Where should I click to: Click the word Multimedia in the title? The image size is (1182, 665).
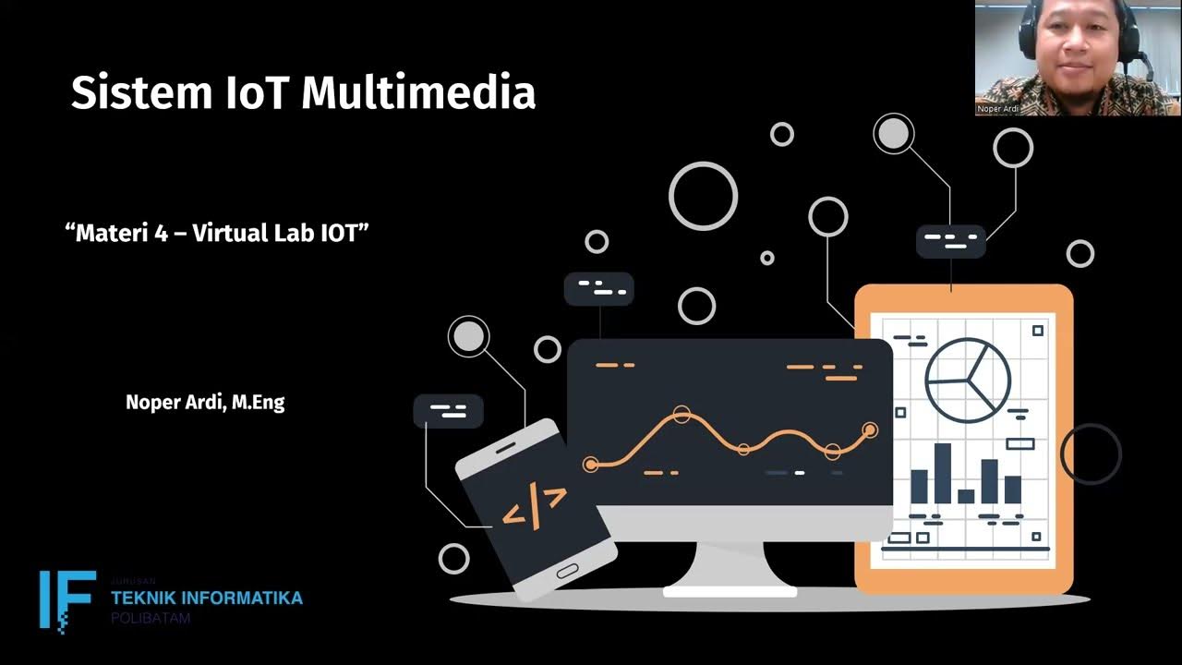point(418,93)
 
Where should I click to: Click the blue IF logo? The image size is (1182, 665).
point(66,599)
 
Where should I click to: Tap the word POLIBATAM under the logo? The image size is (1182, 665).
point(151,618)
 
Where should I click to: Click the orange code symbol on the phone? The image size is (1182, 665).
point(534,506)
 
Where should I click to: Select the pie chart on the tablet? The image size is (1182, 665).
point(968,380)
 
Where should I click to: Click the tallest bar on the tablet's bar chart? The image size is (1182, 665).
point(943,473)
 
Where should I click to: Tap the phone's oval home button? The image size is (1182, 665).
point(567,571)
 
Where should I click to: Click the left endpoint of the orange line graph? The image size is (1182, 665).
point(591,464)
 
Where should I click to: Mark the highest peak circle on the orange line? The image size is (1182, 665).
point(681,415)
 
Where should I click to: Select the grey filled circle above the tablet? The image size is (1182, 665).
point(893,134)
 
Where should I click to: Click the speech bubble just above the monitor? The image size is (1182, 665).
point(598,289)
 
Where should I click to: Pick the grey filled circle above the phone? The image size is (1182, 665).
point(468,337)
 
